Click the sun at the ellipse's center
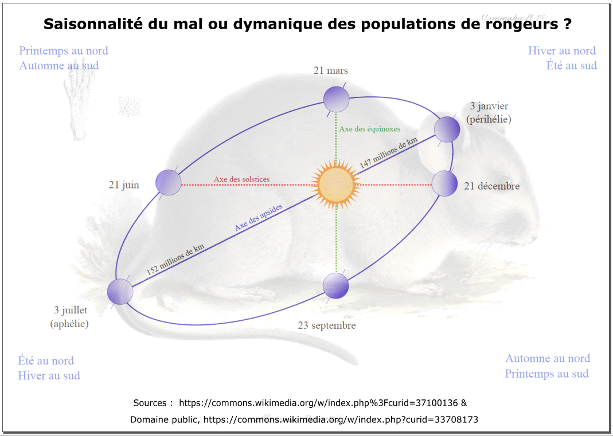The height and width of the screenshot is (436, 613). pyautogui.click(x=337, y=184)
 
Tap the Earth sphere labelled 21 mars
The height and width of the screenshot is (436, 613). pyautogui.click(x=336, y=100)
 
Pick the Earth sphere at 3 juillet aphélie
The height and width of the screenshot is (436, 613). pyautogui.click(x=120, y=292)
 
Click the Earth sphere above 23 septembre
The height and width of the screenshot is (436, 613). pyautogui.click(x=336, y=285)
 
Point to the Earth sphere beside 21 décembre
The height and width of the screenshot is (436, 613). pyautogui.click(x=444, y=184)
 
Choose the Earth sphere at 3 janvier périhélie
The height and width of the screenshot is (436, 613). pyautogui.click(x=447, y=129)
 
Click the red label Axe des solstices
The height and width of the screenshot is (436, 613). pyautogui.click(x=241, y=179)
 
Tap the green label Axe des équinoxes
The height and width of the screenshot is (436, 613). pyautogui.click(x=369, y=129)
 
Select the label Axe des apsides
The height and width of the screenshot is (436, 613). pyautogui.click(x=259, y=218)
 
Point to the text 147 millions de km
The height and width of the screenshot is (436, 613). pyautogui.click(x=389, y=153)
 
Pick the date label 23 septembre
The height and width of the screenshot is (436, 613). pyautogui.click(x=327, y=325)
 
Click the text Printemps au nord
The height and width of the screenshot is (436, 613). pyautogui.click(x=64, y=50)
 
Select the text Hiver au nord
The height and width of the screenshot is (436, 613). pyautogui.click(x=562, y=50)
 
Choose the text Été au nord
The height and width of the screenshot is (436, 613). pyautogui.click(x=46, y=360)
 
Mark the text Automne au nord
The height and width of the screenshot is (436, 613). pyautogui.click(x=548, y=358)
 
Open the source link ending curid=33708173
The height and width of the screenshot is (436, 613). pyautogui.click(x=341, y=419)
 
